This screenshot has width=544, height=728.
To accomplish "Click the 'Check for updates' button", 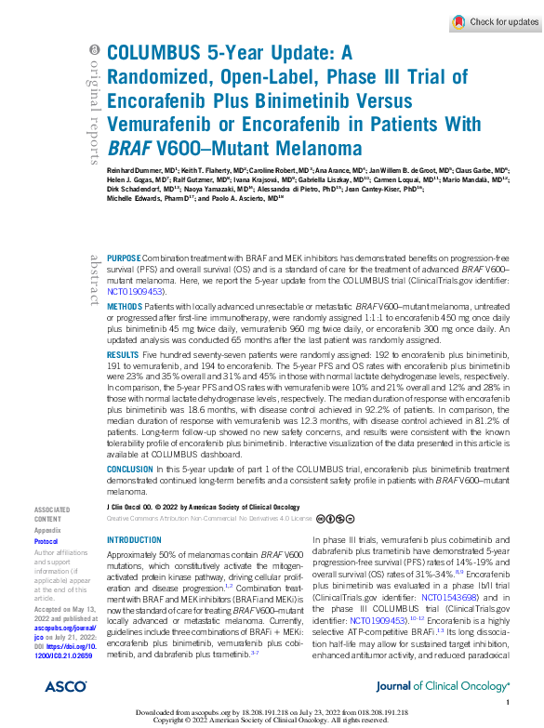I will click(x=494, y=21).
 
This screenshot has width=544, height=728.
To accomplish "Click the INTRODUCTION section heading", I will click(x=135, y=540).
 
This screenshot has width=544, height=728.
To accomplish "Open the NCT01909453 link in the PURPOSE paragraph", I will click(x=138, y=290).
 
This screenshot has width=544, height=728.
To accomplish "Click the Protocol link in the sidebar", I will click(x=46, y=541).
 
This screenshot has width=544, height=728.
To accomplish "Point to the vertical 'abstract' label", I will click(x=93, y=279).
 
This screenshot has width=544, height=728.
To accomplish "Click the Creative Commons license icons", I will click(x=333, y=518).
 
